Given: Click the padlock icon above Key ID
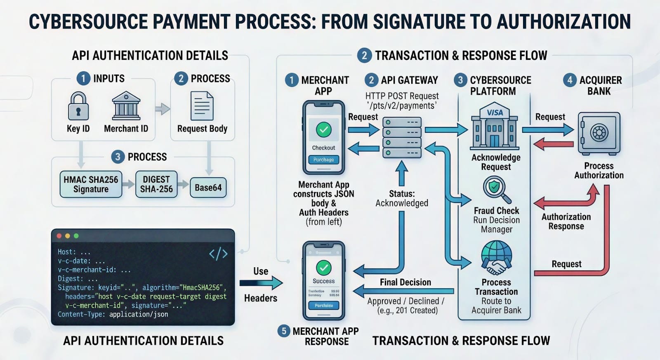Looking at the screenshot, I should point(78,106).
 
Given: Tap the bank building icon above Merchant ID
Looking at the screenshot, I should point(126,106).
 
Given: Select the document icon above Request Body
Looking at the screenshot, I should point(202,106).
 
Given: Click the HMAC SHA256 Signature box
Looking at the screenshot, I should point(91,184).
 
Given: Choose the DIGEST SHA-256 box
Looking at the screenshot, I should point(156,184).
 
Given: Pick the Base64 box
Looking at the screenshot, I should point(208,188).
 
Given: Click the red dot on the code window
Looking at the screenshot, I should point(59,236).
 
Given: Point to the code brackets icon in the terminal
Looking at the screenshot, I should point(218,253).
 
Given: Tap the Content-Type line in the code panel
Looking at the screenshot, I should point(113,314).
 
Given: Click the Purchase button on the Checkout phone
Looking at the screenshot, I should point(324,160).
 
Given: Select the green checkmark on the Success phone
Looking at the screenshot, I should point(324,268).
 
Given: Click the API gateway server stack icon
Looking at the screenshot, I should point(402,137).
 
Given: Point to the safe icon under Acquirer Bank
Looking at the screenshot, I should point(599,133).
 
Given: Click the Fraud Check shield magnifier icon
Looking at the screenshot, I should point(496,189).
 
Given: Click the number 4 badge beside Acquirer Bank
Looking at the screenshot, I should point(570,80).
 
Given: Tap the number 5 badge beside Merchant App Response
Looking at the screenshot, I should point(283,331).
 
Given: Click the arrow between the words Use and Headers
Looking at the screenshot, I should point(261,283).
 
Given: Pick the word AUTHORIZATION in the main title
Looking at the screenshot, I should point(564,21).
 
